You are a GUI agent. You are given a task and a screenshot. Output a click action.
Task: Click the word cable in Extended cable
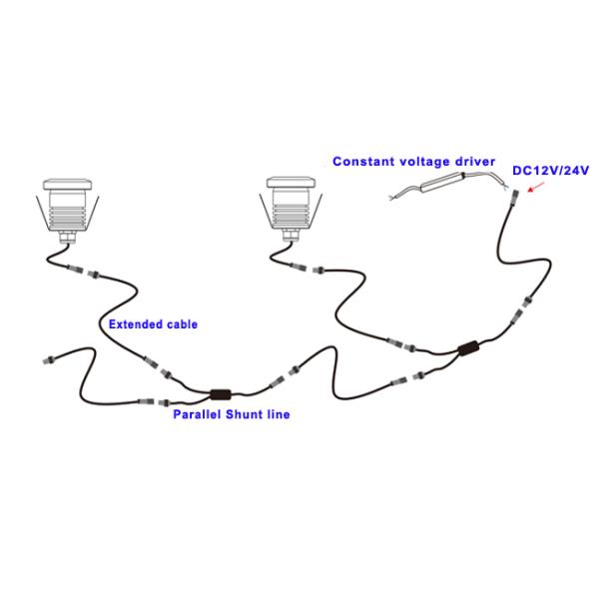click(181, 324)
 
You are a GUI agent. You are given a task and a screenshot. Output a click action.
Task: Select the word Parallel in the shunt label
click(197, 414)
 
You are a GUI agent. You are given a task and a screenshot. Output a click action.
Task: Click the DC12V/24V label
click(551, 171)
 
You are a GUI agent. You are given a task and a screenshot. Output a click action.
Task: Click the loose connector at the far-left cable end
click(44, 356)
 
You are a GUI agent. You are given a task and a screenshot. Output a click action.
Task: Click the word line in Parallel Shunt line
click(281, 414)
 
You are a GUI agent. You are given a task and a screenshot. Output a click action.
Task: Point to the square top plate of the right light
click(292, 185)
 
